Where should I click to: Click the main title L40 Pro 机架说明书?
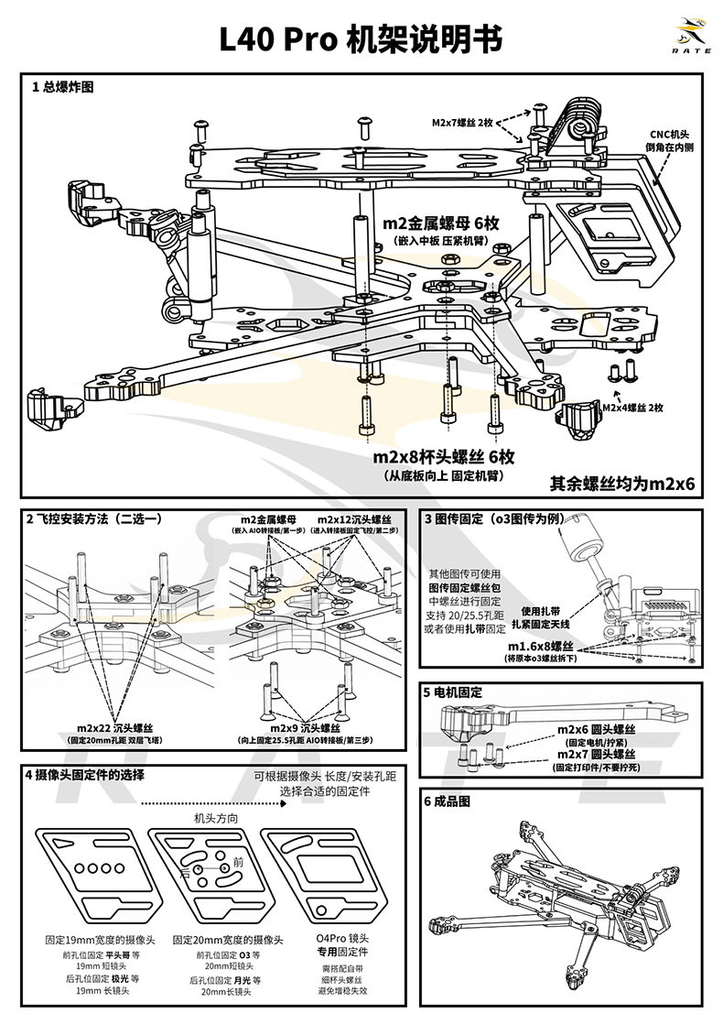[x=361, y=40]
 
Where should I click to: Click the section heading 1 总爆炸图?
[x=62, y=88]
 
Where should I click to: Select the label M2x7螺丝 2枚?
[x=463, y=122]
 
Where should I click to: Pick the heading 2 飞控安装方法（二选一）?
[x=94, y=518]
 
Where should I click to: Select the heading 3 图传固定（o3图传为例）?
[x=502, y=518]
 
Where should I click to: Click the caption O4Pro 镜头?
[x=342, y=940]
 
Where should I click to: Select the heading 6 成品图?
[x=447, y=801]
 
